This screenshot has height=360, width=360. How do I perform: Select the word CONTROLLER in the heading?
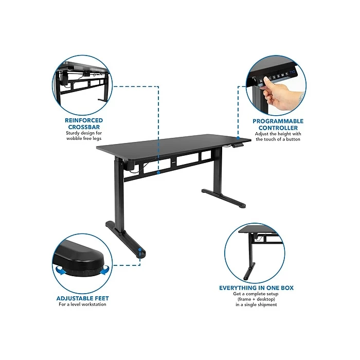pos(278,128)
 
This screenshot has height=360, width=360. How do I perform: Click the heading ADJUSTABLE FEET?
pos(82,298)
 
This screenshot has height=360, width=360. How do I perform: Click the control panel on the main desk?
pos(238,147)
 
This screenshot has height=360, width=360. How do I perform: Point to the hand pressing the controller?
pos(280,95)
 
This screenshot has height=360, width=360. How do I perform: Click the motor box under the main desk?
pos(129,166)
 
